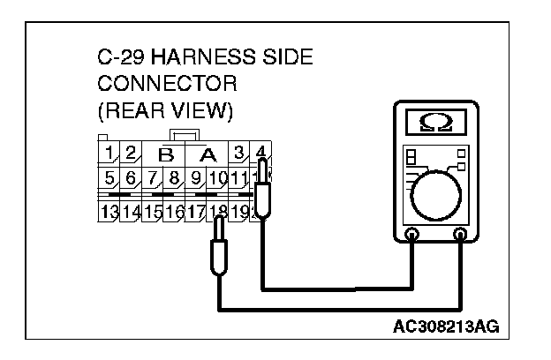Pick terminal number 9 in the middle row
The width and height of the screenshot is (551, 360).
(196, 181)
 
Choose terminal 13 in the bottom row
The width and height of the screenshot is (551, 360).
(109, 212)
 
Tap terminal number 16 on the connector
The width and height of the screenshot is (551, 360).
(174, 212)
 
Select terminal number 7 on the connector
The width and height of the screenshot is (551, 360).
(153, 181)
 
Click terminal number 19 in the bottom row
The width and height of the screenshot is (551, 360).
(239, 212)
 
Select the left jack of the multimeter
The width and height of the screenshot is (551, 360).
(411, 236)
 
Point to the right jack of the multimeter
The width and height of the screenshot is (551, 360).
(459, 236)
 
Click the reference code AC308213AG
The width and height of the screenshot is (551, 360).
(446, 326)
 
